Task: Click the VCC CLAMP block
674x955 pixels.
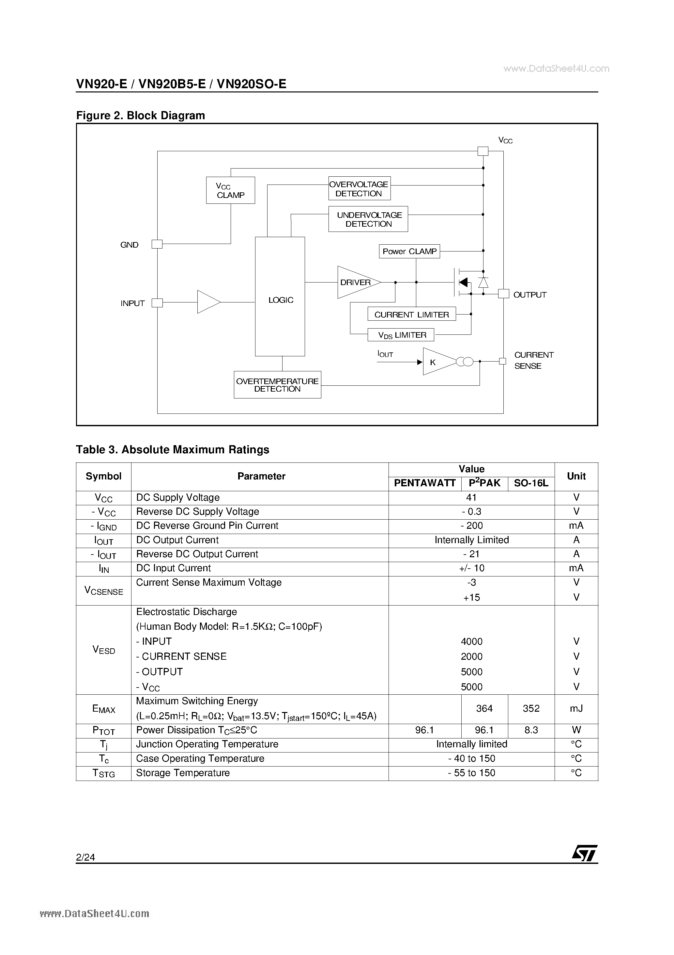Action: point(230,190)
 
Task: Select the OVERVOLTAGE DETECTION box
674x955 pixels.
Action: point(359,189)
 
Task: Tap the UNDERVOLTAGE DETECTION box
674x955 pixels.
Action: point(368,219)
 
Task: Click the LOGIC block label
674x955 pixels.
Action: point(281,300)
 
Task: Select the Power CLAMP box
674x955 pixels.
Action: point(409,251)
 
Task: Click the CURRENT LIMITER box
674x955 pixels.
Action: point(411,315)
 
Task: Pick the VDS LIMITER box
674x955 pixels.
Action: point(401,335)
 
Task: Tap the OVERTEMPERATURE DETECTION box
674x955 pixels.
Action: point(277,385)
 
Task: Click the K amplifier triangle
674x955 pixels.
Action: point(436,362)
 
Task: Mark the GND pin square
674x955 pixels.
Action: point(157,244)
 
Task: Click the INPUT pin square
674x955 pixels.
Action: point(157,303)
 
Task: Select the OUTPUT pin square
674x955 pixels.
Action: point(504,294)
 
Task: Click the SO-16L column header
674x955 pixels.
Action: point(531,483)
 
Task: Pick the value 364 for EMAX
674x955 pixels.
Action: point(484,708)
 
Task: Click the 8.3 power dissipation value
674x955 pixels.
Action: point(531,730)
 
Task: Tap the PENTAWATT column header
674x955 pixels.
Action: point(425,483)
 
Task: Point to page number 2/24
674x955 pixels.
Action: point(85,857)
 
